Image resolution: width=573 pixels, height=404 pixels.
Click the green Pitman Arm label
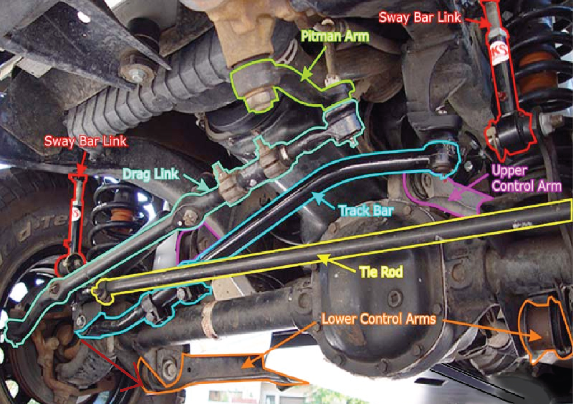point(335,36)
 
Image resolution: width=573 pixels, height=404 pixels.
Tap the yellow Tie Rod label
point(381,272)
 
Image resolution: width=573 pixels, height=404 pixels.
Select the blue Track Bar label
point(365,211)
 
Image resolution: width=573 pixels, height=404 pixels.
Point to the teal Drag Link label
point(151,174)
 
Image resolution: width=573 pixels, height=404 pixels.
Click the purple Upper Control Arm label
point(526,178)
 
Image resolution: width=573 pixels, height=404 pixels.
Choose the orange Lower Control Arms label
point(379,319)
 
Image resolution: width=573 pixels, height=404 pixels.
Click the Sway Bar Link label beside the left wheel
point(86,141)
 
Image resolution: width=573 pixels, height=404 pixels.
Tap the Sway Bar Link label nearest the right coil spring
point(420,17)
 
